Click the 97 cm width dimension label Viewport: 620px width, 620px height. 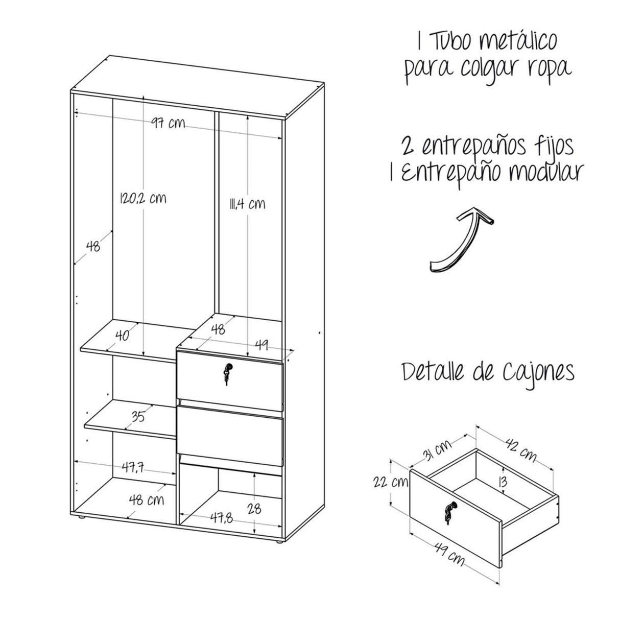(168, 123)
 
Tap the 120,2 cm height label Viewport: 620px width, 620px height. (142, 198)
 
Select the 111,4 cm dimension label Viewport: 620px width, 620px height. (247, 204)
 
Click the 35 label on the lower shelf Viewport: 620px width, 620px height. (137, 417)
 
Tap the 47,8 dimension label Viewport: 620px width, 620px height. (221, 518)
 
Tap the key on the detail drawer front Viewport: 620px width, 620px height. (449, 512)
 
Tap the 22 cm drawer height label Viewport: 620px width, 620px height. (389, 482)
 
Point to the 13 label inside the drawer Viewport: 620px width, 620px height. (503, 481)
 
